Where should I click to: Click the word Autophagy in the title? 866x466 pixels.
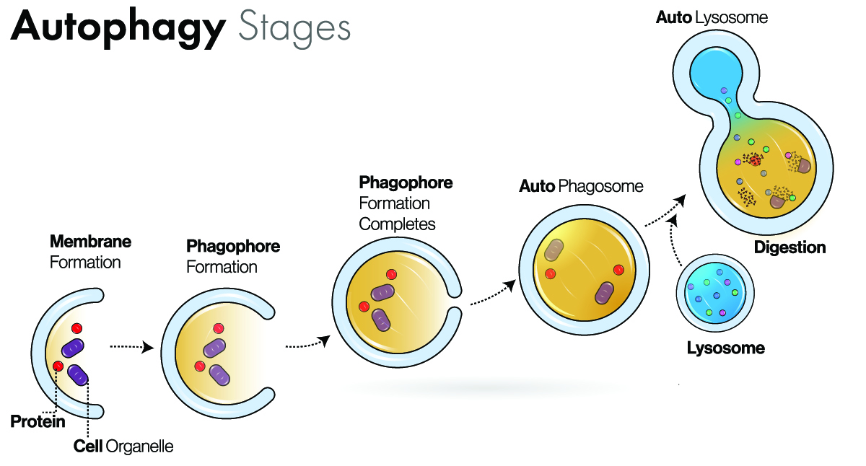pyautogui.click(x=118, y=29)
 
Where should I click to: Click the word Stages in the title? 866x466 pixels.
pyautogui.click(x=294, y=29)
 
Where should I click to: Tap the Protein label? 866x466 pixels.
pyautogui.click(x=38, y=422)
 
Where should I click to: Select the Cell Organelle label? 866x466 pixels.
pyautogui.click(x=123, y=447)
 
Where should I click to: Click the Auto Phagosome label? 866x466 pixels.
pyautogui.click(x=580, y=186)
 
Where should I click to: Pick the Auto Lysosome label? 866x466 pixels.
pyautogui.click(x=711, y=17)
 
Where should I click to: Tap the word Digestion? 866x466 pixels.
pyautogui.click(x=790, y=247)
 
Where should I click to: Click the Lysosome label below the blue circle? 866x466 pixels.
pyautogui.click(x=725, y=348)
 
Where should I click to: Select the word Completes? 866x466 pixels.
pyautogui.click(x=397, y=224)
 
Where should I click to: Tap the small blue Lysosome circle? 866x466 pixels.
pyautogui.click(x=714, y=294)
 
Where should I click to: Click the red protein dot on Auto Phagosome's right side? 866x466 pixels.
pyautogui.click(x=618, y=270)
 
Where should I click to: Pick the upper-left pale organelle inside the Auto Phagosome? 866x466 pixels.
pyautogui.click(x=554, y=251)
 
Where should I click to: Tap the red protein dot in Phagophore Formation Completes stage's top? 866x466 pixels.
pyautogui.click(x=391, y=274)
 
